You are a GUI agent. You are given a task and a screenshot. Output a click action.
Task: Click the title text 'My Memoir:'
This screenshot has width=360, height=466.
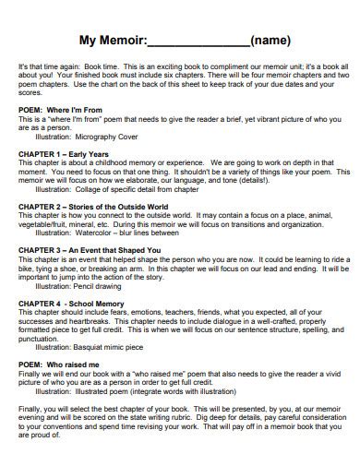[113, 41]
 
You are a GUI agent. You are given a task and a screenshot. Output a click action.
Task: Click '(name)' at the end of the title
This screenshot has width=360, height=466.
[272, 41]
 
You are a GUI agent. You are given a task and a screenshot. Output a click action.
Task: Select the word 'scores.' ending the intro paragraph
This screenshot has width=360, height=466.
[30, 92]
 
